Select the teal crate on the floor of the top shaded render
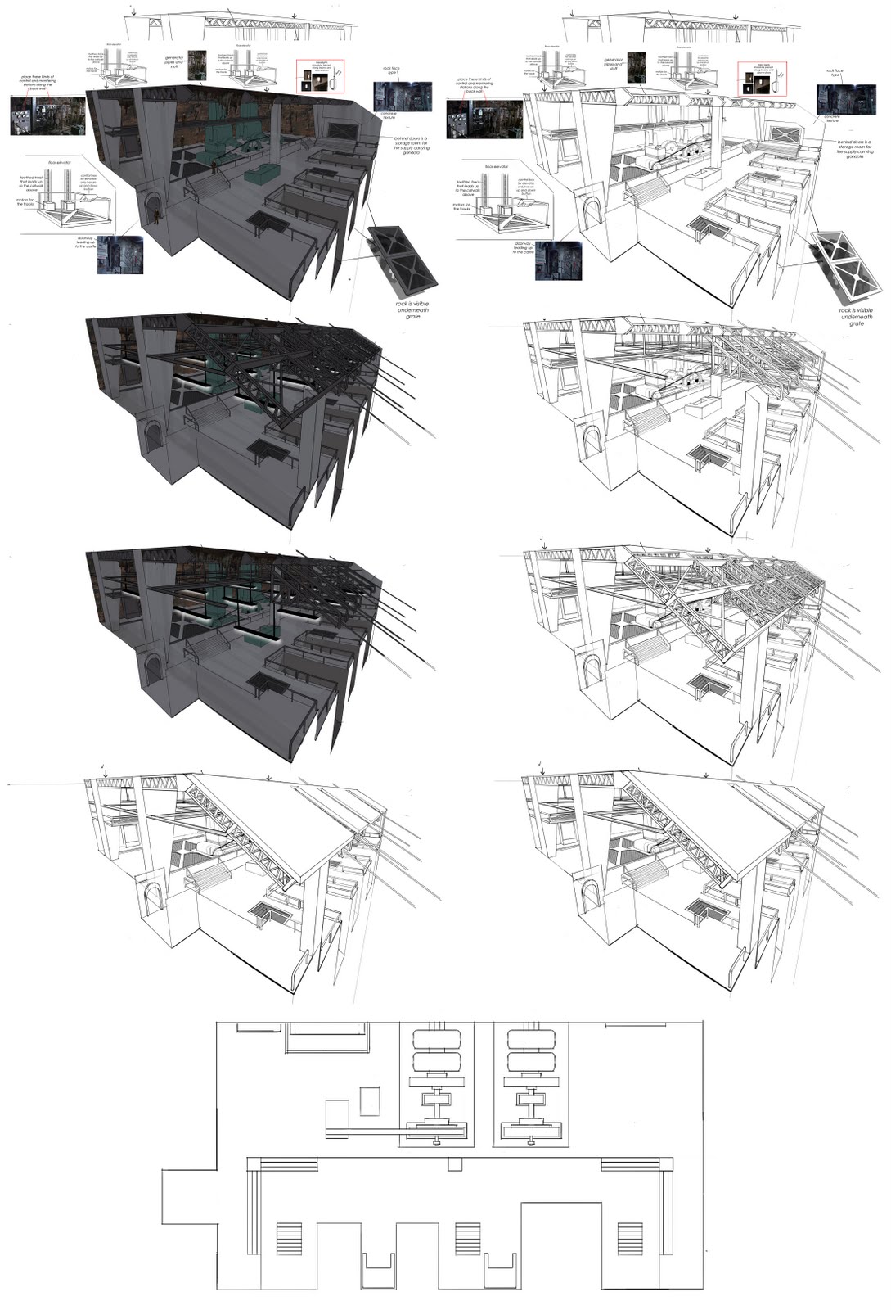coord(261,174)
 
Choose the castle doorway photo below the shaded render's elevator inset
coord(120,255)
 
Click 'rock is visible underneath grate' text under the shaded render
coord(411,310)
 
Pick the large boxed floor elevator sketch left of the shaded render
coord(69,196)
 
